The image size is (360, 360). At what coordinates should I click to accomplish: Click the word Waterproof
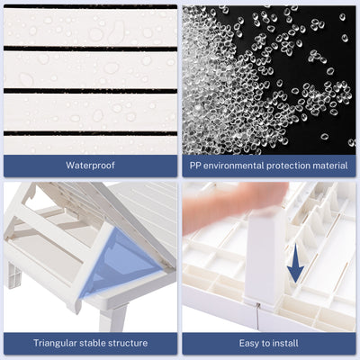coord(90,166)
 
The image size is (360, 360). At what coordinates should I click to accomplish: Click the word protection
coord(288,166)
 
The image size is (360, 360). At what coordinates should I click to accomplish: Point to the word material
coord(330,166)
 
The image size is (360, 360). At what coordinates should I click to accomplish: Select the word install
coord(286,343)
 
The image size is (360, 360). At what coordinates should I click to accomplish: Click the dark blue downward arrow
coord(295,263)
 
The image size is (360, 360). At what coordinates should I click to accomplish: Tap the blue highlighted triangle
coord(120,262)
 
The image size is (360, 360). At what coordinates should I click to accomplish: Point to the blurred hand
coord(234,203)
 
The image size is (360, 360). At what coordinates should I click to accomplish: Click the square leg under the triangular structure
coord(114,318)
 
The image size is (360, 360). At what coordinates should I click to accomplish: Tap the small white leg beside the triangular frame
coord(14,274)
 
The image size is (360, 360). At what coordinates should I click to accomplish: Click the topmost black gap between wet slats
coord(90,6)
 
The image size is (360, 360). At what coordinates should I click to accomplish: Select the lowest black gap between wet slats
coord(90,133)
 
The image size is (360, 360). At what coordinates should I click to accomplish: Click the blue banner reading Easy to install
coord(269,343)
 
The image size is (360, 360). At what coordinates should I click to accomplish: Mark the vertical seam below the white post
coord(257,317)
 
